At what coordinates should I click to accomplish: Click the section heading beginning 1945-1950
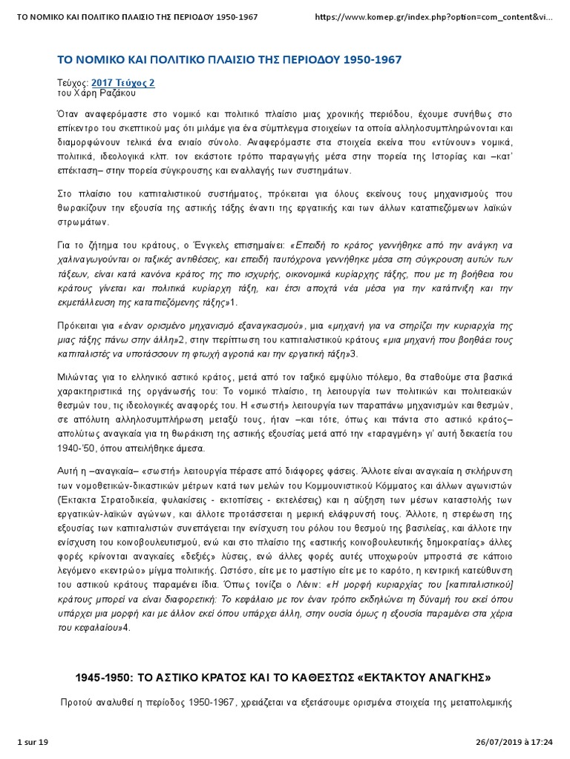click(x=284, y=678)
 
